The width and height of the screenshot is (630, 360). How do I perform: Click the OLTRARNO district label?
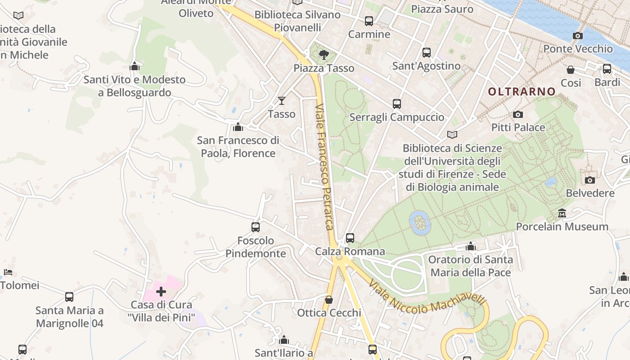[522, 92]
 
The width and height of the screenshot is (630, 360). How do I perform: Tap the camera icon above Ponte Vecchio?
[578, 36]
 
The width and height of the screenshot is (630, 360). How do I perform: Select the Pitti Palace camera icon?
[518, 115]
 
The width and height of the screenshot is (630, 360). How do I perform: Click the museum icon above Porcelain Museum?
[562, 213]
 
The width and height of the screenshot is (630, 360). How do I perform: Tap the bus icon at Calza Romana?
[350, 238]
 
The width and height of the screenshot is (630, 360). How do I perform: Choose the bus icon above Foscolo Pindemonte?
[256, 227]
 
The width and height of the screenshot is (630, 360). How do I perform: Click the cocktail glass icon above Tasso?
[282, 101]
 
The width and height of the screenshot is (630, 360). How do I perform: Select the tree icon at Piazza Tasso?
[323, 55]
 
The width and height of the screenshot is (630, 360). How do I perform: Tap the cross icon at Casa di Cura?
[161, 292]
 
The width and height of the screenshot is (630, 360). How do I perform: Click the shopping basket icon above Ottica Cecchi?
[329, 300]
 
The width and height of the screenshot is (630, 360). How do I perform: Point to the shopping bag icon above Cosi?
[571, 70]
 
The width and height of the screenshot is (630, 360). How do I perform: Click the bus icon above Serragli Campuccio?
[397, 104]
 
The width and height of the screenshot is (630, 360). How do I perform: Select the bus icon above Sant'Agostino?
[427, 53]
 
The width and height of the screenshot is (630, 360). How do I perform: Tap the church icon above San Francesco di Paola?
[238, 127]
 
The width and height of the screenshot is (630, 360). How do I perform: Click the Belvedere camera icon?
[590, 180]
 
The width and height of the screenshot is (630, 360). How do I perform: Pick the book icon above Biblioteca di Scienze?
[452, 135]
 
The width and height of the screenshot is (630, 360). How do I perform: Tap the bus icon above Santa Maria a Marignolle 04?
[69, 297]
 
